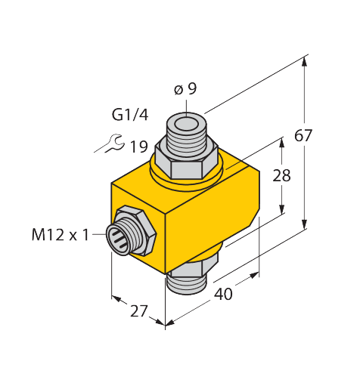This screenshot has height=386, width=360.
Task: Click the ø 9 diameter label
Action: pyautogui.click(x=185, y=89)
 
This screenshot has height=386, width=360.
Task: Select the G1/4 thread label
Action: pyautogui.click(x=129, y=116)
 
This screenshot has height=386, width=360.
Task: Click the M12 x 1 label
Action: pyautogui.click(x=59, y=235)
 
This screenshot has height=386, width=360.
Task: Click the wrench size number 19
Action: pyautogui.click(x=138, y=147)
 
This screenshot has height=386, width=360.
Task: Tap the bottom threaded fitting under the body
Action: pyautogui.click(x=187, y=280)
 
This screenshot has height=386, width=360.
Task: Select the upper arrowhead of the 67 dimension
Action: pyautogui.click(x=306, y=60)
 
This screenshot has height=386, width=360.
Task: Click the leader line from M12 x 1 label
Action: pyautogui.click(x=100, y=235)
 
